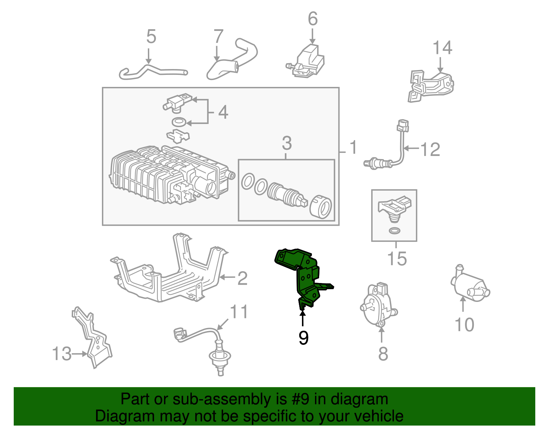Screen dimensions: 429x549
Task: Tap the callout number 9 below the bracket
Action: (303, 338)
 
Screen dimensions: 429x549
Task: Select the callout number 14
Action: (442, 48)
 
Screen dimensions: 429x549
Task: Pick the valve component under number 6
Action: (307, 62)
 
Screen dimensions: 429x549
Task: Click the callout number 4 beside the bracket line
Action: (223, 112)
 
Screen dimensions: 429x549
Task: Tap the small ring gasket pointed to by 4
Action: (178, 122)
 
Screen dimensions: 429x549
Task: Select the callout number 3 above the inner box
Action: (287, 143)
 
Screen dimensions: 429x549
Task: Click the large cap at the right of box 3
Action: (321, 207)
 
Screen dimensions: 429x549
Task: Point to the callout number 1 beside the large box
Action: (353, 147)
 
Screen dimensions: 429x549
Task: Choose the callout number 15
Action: (397, 259)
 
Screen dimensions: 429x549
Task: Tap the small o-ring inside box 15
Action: (395, 230)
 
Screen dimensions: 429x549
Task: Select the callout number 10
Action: (464, 324)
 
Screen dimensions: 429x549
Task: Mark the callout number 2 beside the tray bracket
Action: (242, 278)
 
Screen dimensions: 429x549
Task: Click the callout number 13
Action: (62, 353)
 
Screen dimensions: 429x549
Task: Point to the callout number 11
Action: (238, 312)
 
